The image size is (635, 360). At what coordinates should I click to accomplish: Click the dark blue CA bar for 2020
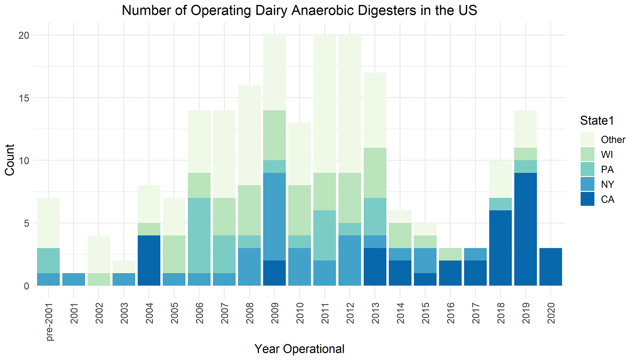pyautogui.click(x=550, y=267)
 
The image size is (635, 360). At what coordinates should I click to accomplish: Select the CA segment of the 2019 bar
pyautogui.click(x=525, y=229)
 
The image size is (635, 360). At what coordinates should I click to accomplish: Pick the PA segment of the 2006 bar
pyautogui.click(x=199, y=235)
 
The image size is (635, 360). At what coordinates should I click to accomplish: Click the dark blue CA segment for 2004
pyautogui.click(x=149, y=261)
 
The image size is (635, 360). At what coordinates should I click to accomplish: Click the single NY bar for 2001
pyautogui.click(x=73, y=279)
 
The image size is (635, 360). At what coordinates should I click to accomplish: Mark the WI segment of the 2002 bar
pyautogui.click(x=99, y=279)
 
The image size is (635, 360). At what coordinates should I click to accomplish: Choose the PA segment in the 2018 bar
pyautogui.click(x=500, y=204)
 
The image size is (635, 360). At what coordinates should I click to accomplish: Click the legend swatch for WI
pyautogui.click(x=587, y=154)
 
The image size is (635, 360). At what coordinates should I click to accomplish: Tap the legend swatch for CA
pyautogui.click(x=587, y=199)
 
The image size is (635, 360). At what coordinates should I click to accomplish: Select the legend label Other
pyautogui.click(x=613, y=139)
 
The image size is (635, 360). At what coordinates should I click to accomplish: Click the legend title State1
pyautogui.click(x=599, y=122)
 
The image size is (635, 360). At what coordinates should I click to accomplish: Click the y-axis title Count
pyautogui.click(x=10, y=160)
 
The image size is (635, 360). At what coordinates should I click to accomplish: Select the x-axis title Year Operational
pyautogui.click(x=299, y=349)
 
